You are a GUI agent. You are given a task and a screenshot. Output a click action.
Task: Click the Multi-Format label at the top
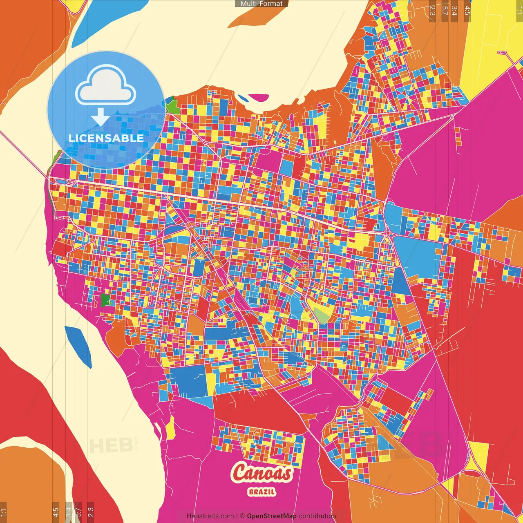click(x=261, y=4)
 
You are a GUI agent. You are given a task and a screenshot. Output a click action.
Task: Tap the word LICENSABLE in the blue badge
click(x=106, y=138)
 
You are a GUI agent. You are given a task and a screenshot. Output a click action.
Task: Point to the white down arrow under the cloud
click(x=100, y=117)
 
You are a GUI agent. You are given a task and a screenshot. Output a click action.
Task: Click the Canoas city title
click(x=262, y=473)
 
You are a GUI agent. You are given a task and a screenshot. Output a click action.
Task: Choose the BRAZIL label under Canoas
click(x=262, y=492)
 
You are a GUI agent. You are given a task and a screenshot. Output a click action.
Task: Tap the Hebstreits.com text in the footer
click(x=210, y=516)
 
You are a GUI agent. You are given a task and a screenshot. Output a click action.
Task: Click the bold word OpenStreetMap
click(x=272, y=516)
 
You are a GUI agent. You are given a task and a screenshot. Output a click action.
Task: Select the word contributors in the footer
click(x=317, y=516)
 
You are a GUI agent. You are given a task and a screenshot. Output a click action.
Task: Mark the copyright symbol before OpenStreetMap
click(x=242, y=516)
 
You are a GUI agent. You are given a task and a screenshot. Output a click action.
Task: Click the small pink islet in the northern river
click(x=259, y=98)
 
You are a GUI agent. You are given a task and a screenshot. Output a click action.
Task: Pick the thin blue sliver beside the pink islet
click(x=243, y=98)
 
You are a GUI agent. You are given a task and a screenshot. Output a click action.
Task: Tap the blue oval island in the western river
click(x=78, y=345)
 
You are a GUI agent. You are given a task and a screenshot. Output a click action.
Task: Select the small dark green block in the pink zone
click(x=105, y=300)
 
